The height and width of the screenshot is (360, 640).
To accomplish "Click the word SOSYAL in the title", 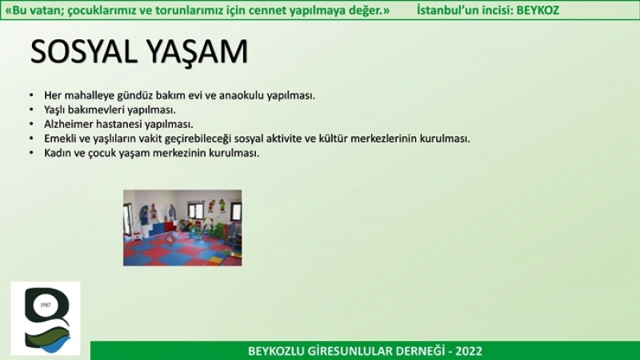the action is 84,52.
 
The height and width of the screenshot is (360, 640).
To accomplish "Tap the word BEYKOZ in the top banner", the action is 538,10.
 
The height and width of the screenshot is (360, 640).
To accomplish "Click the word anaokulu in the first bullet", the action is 242,95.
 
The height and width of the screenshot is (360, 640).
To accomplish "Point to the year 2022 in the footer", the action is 469,350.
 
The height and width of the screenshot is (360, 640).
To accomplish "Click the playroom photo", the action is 182,228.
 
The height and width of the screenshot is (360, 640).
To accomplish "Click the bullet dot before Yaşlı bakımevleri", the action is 31,110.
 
